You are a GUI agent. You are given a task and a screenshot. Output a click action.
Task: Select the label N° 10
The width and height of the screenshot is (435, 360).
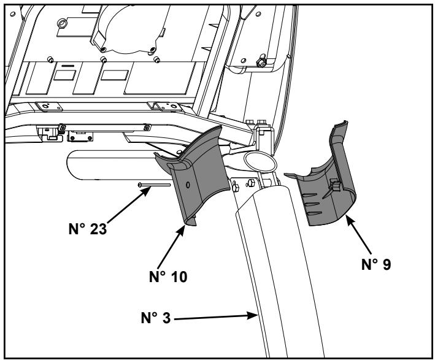tap(169, 275)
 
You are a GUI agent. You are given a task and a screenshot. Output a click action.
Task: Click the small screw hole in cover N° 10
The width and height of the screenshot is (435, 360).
tap(188, 183)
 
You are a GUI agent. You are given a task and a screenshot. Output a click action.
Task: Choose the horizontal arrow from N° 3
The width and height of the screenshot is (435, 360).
tap(221, 316)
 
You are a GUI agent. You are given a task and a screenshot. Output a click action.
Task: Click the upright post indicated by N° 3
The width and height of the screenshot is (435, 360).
tap(282, 270)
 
